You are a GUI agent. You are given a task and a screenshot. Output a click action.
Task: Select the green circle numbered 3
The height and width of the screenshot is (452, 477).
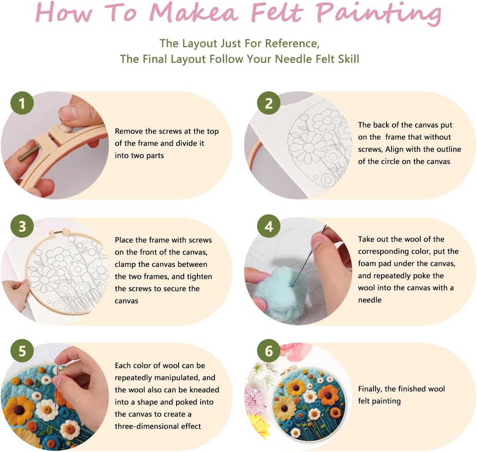[x=22, y=226]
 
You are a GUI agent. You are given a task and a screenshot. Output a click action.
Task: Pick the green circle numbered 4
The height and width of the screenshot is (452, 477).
[x=269, y=226]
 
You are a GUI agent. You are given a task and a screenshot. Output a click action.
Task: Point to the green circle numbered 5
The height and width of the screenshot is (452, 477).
[x=22, y=351]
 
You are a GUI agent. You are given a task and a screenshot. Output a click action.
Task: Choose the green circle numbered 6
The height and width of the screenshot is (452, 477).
[x=269, y=351]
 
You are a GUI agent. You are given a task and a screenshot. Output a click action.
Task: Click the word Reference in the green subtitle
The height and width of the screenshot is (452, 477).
[x=291, y=43]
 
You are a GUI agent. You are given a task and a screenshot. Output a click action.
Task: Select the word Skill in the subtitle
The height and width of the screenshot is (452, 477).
[x=345, y=59]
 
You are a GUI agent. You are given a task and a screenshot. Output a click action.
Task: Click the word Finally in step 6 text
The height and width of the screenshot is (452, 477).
[x=370, y=389]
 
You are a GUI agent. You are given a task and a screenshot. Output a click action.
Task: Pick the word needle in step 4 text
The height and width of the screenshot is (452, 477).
[x=369, y=300]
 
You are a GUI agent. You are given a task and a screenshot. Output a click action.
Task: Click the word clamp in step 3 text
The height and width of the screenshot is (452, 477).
[x=126, y=264]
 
